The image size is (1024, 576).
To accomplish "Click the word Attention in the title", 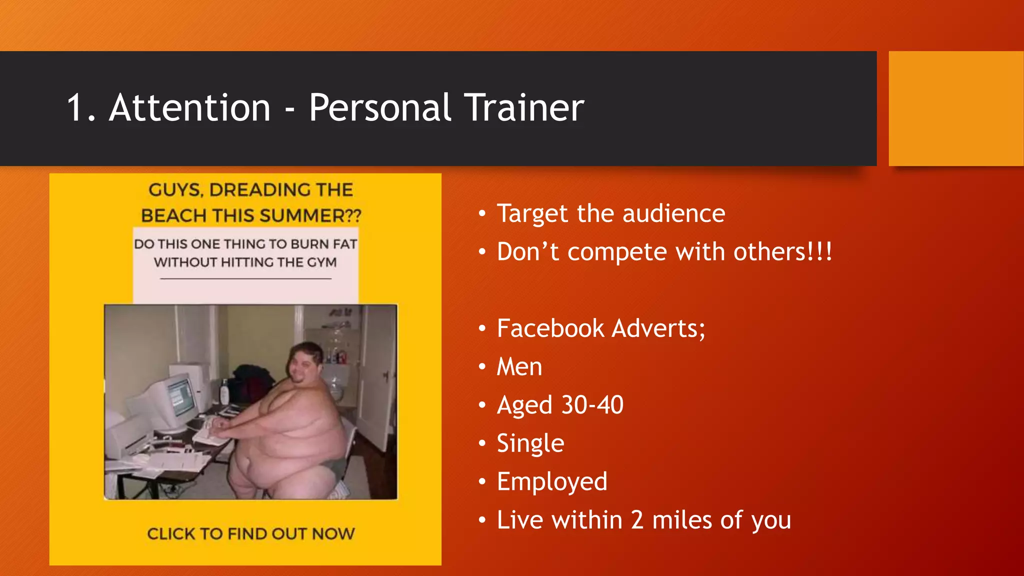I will (x=190, y=107).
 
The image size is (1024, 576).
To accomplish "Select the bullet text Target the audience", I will (x=610, y=214).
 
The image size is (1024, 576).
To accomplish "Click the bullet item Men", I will (x=519, y=367).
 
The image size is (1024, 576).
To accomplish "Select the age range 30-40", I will (x=592, y=405).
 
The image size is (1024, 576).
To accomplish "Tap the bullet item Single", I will (x=530, y=443).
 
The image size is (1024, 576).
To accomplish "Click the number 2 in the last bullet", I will (x=637, y=520).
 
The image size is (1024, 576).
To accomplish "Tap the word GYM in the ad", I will (x=321, y=262).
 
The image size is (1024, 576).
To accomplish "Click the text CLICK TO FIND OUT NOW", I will (x=250, y=534).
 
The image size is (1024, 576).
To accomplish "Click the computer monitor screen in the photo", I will (x=181, y=397).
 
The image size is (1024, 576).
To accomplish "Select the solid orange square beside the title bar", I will (x=955, y=108).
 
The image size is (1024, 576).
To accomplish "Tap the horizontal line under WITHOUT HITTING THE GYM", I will (x=245, y=278).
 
